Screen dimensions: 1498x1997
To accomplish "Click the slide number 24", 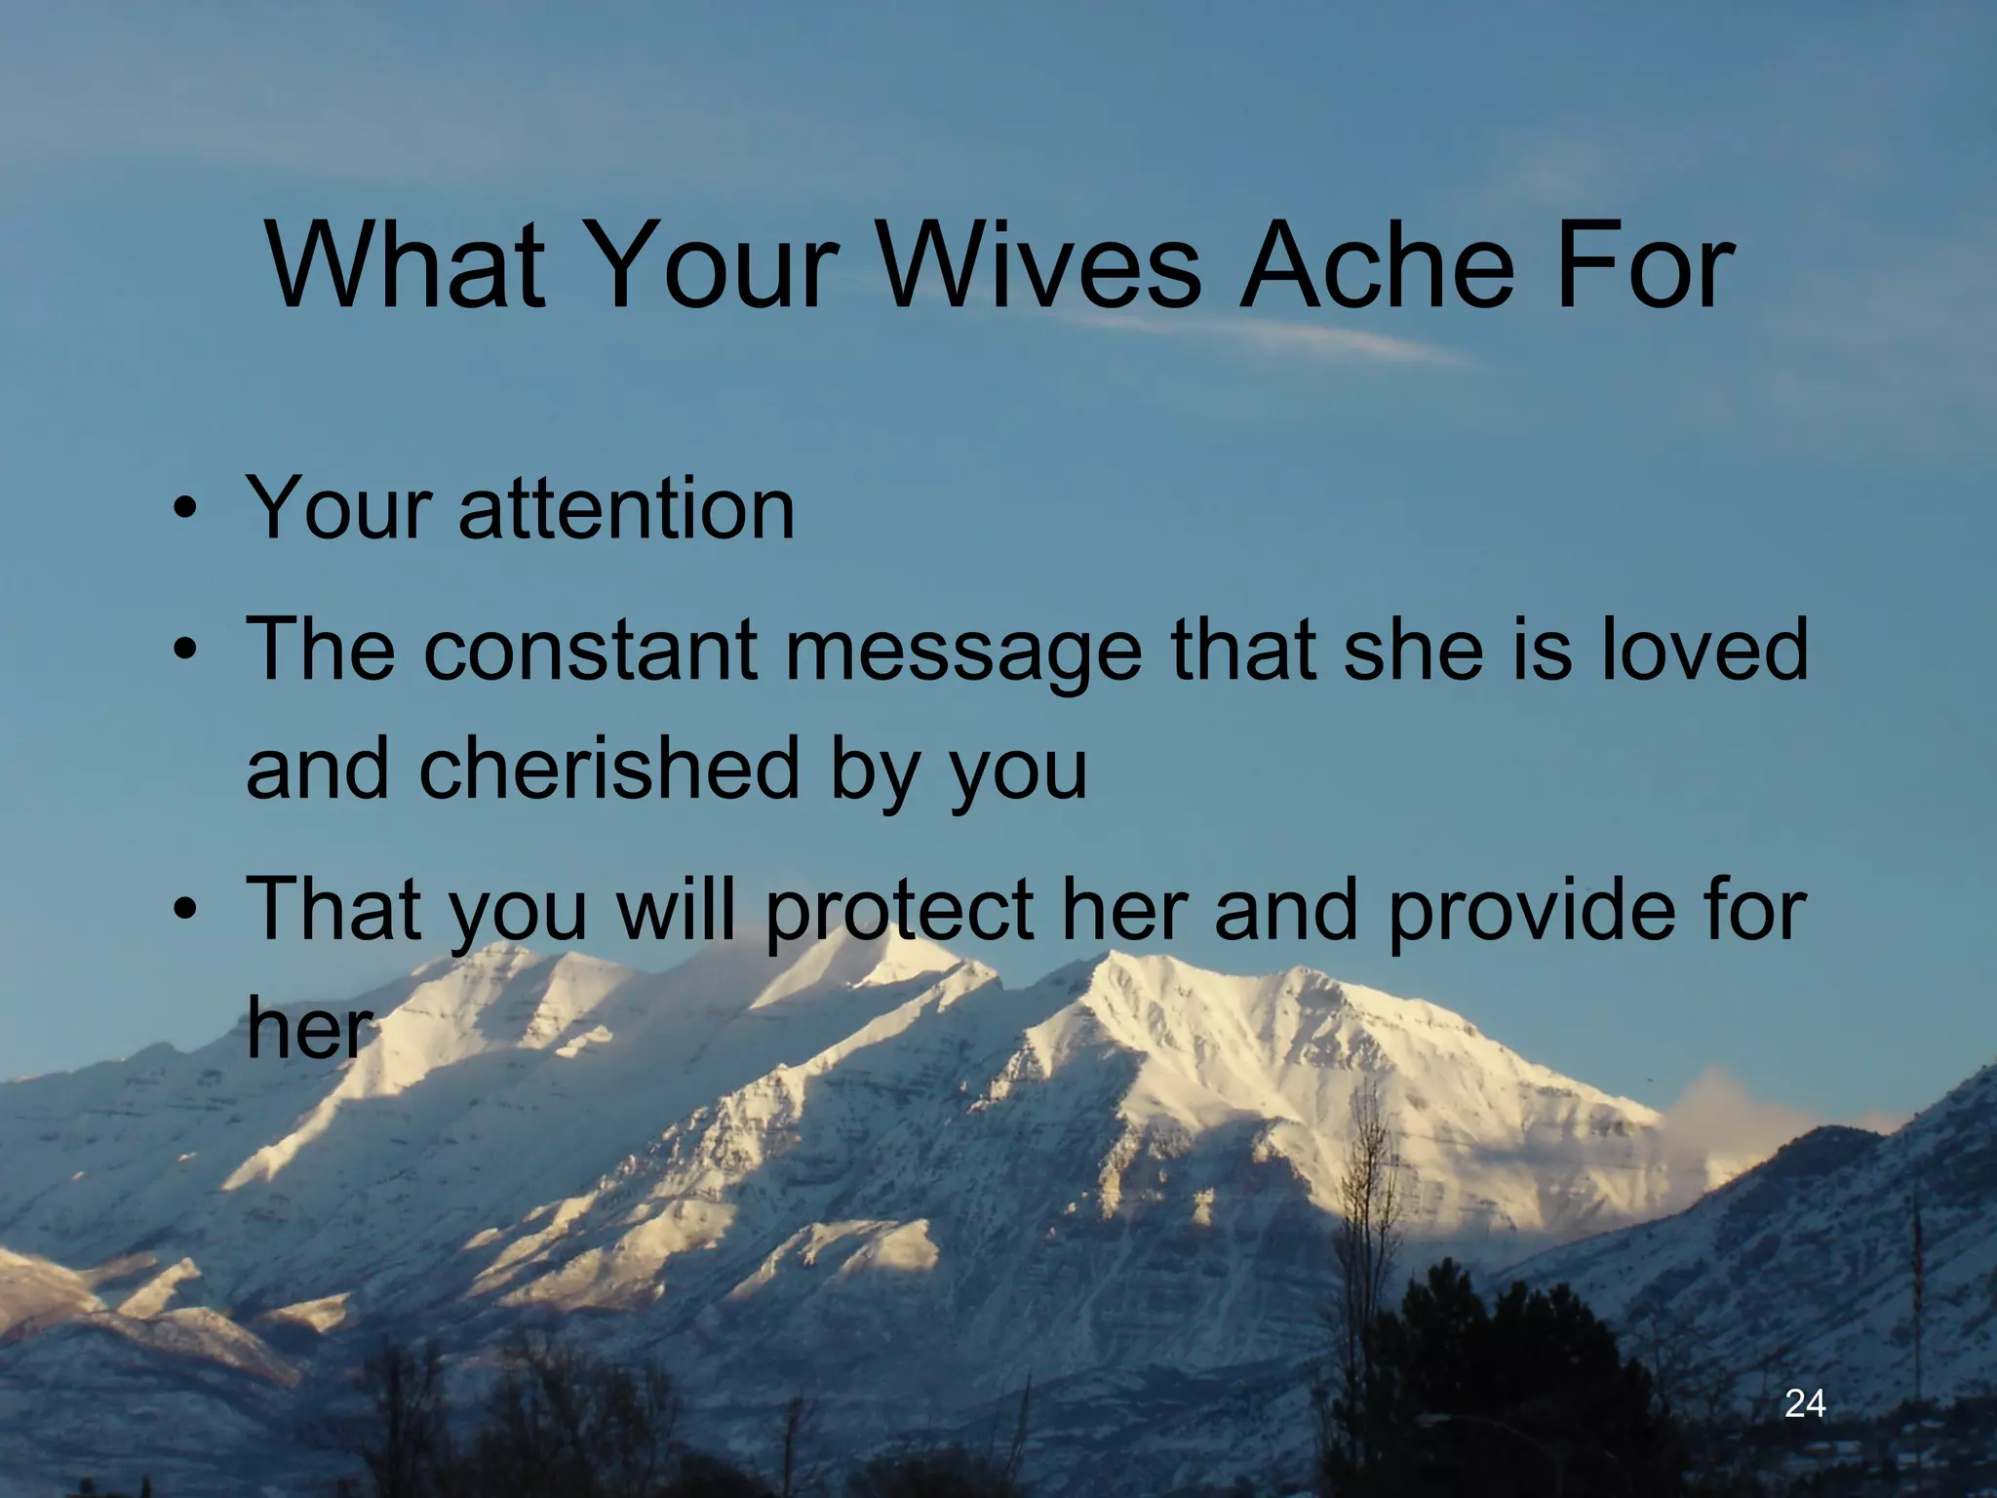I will point(1805,1403).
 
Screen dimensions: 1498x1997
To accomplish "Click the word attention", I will point(626,508).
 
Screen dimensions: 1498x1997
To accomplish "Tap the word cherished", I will point(609,768).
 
